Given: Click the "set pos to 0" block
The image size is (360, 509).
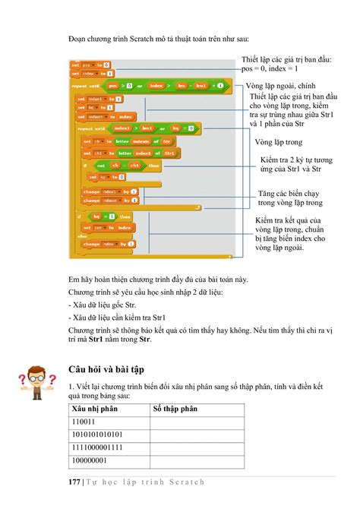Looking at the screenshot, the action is point(90,65).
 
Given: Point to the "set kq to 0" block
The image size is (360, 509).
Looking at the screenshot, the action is point(106,176).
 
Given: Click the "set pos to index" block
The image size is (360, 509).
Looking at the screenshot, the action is point(107,226).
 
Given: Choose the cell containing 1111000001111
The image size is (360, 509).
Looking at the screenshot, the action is point(98,447).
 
